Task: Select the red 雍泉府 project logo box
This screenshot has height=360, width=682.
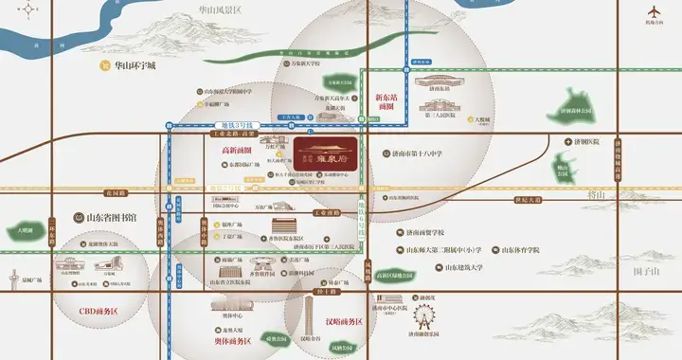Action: (x=328, y=150)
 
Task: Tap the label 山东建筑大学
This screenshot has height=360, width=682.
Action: (x=472, y=267)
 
